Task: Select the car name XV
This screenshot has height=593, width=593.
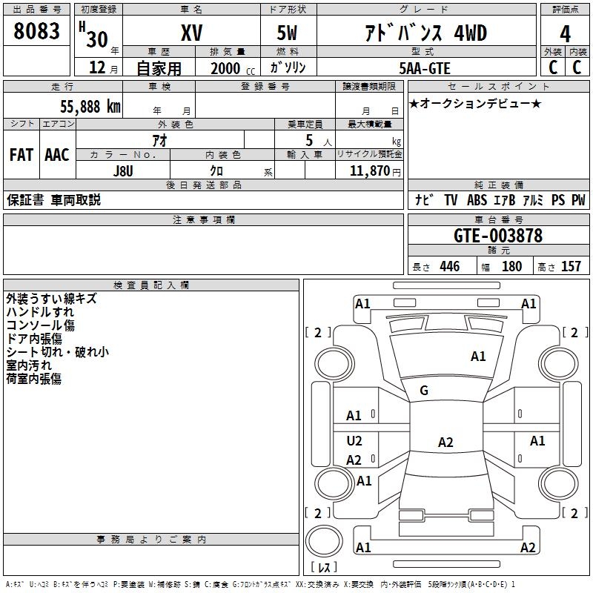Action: pyautogui.click(x=191, y=33)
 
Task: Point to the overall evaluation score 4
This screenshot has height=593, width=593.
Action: pyautogui.click(x=565, y=33)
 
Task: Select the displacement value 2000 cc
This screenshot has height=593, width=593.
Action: pyautogui.click(x=227, y=68)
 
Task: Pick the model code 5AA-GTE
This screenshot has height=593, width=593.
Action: pyautogui.click(x=425, y=68)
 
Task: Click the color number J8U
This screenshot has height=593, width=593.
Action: pyautogui.click(x=123, y=170)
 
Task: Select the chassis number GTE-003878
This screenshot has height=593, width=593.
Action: pyautogui.click(x=497, y=236)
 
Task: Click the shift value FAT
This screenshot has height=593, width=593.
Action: pyautogui.click(x=21, y=155)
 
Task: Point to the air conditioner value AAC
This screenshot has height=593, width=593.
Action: pyautogui.click(x=56, y=155)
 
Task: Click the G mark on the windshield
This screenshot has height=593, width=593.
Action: pyautogui.click(x=424, y=391)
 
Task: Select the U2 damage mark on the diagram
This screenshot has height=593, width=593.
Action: pyautogui.click(x=354, y=441)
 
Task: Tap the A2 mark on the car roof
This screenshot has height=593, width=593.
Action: pyautogui.click(x=445, y=443)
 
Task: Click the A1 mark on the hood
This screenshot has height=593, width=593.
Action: pyautogui.click(x=478, y=357)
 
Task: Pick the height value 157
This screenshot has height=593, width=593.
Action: pyautogui.click(x=571, y=267)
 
